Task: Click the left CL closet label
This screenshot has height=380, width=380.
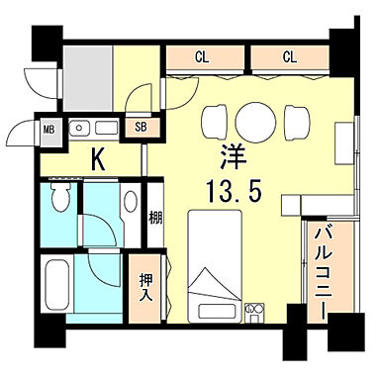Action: [x=202, y=56]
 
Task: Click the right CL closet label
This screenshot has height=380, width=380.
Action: [x=289, y=56]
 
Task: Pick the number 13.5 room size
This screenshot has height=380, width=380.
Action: [x=235, y=190]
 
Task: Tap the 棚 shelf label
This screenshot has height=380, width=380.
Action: [x=155, y=218]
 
